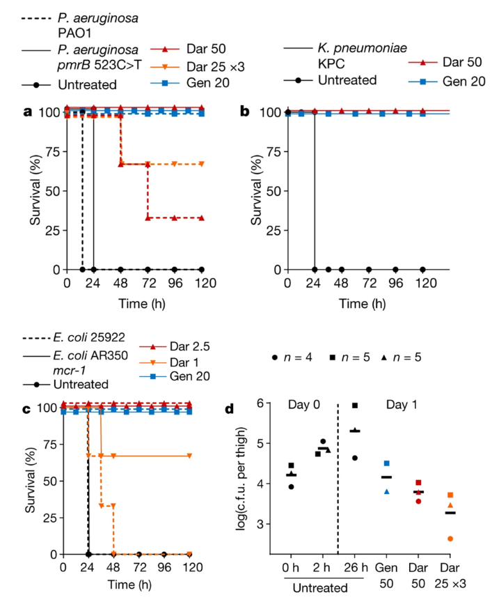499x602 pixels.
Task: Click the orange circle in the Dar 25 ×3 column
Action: pyautogui.click(x=451, y=539)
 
